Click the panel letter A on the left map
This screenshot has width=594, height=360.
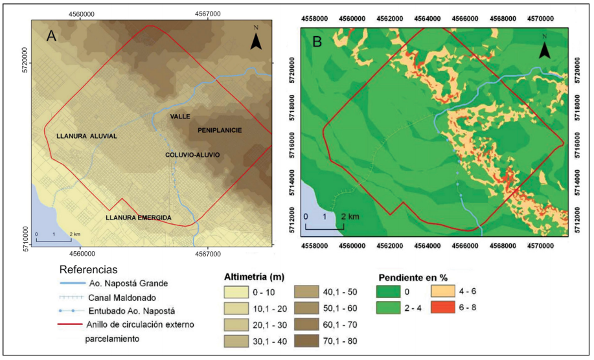coord(52,36)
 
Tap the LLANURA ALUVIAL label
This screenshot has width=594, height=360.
coord(86,136)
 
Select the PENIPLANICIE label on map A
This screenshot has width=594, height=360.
coord(215,130)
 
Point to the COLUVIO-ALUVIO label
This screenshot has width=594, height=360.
coord(192,155)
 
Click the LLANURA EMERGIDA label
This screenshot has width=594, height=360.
coord(139,218)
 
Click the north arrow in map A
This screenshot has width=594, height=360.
coord(257,40)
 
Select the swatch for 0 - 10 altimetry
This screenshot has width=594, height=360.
coord(239,292)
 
